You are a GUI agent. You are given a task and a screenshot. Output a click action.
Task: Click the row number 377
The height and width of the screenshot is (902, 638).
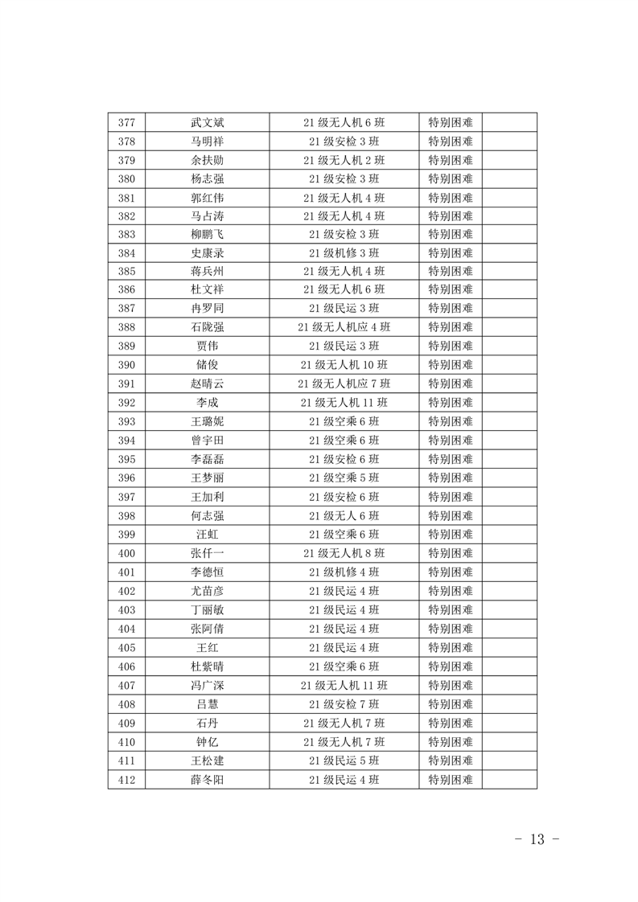[x=126, y=122]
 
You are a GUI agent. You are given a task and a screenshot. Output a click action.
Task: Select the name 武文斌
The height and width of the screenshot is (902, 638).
[x=207, y=122]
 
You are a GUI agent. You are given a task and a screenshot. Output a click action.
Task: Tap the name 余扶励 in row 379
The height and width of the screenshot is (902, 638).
[x=207, y=160]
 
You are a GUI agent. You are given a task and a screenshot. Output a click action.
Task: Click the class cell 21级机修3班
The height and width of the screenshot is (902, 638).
[x=344, y=252]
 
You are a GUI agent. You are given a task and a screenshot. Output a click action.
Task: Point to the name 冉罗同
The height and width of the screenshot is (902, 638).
[x=207, y=309]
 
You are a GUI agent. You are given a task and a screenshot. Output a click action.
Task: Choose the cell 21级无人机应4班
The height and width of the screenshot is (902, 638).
[x=344, y=327]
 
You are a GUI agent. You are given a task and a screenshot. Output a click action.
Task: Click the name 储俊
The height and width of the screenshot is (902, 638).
[x=207, y=365]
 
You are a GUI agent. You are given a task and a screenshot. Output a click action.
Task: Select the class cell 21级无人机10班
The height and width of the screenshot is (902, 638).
[x=344, y=365]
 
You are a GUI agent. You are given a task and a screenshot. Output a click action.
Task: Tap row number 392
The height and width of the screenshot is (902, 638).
[x=126, y=403]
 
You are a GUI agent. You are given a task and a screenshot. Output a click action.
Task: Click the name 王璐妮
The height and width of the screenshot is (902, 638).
[x=207, y=421]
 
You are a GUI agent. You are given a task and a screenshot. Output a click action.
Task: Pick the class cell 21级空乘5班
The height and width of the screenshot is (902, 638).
[x=344, y=478]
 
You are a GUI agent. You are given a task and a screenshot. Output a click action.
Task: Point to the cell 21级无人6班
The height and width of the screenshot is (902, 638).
[x=344, y=515]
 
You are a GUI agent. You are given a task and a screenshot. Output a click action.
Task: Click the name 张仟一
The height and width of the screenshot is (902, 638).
[x=207, y=553]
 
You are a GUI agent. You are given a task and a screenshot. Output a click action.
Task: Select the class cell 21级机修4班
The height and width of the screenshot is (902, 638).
[x=344, y=572]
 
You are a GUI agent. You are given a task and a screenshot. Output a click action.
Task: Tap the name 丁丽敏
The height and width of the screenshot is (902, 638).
[x=207, y=609]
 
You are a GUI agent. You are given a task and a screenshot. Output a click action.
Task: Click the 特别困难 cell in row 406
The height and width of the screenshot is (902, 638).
[x=450, y=666]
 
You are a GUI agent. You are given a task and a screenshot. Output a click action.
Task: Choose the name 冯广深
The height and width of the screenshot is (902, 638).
[x=207, y=685]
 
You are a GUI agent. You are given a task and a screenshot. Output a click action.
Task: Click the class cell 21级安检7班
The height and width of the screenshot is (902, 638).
[x=344, y=704]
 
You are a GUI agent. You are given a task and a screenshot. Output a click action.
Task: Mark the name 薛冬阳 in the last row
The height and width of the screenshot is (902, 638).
[x=207, y=779]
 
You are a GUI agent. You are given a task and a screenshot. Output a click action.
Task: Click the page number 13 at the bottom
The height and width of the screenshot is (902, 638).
[x=537, y=839]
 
